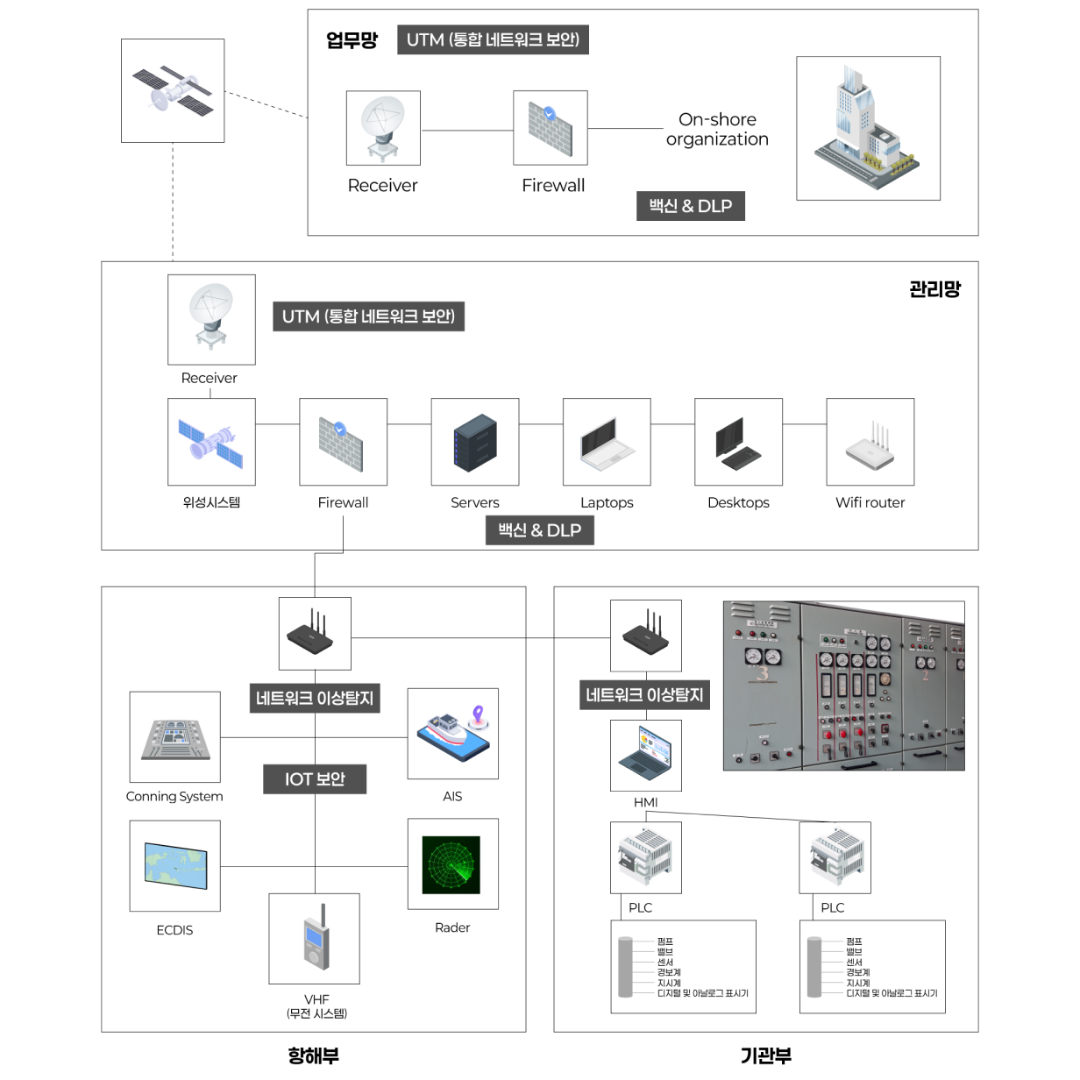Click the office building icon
tap(865, 130)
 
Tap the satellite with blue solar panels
tap(210, 444)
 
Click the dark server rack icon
tap(474, 444)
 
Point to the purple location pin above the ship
tap(478, 714)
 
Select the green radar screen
tap(451, 864)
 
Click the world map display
tap(175, 865)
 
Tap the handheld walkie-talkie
tap(316, 940)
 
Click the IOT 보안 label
tap(315, 779)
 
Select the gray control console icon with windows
tap(176, 738)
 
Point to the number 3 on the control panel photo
tap(763, 673)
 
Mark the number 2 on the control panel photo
tap(925, 675)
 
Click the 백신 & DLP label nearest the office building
tap(691, 206)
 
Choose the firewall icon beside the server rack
tap(340, 444)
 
